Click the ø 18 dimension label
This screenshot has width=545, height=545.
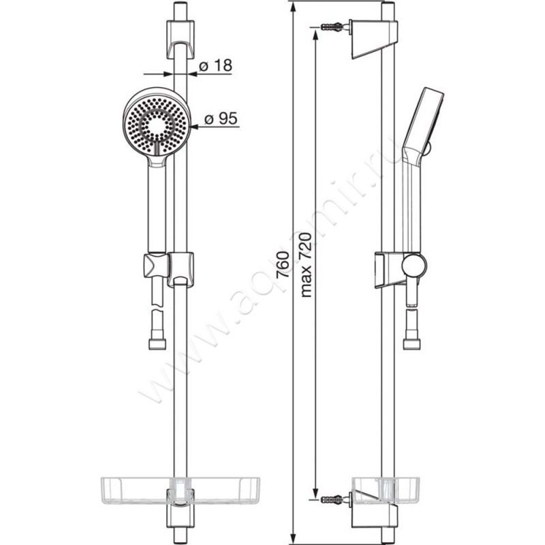215,65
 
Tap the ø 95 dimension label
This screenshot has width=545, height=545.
221,119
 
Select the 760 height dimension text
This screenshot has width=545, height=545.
283,264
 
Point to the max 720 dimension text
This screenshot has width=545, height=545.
305,265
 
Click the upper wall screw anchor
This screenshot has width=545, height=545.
332,27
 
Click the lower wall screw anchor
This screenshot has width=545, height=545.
332,500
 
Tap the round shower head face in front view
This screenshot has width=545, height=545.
157,125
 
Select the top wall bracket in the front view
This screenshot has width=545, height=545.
180,40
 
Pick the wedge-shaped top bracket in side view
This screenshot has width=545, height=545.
373,39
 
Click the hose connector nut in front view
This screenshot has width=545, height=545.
157,344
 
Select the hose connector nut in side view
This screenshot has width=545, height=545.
412,344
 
